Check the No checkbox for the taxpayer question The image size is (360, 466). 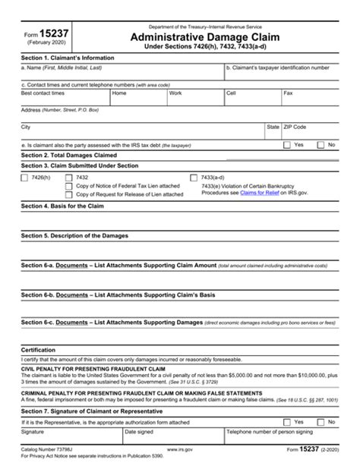[x=321, y=144]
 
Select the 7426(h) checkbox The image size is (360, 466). [x=26, y=177]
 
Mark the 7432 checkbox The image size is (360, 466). [x=70, y=177]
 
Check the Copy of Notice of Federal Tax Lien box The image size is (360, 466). [x=70, y=186]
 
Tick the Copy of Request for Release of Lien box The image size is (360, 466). [x=70, y=194]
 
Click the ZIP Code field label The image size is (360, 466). [x=295, y=127]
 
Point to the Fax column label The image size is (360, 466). [x=289, y=93]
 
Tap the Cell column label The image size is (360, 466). [x=231, y=93]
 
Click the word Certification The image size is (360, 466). [x=39, y=350]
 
